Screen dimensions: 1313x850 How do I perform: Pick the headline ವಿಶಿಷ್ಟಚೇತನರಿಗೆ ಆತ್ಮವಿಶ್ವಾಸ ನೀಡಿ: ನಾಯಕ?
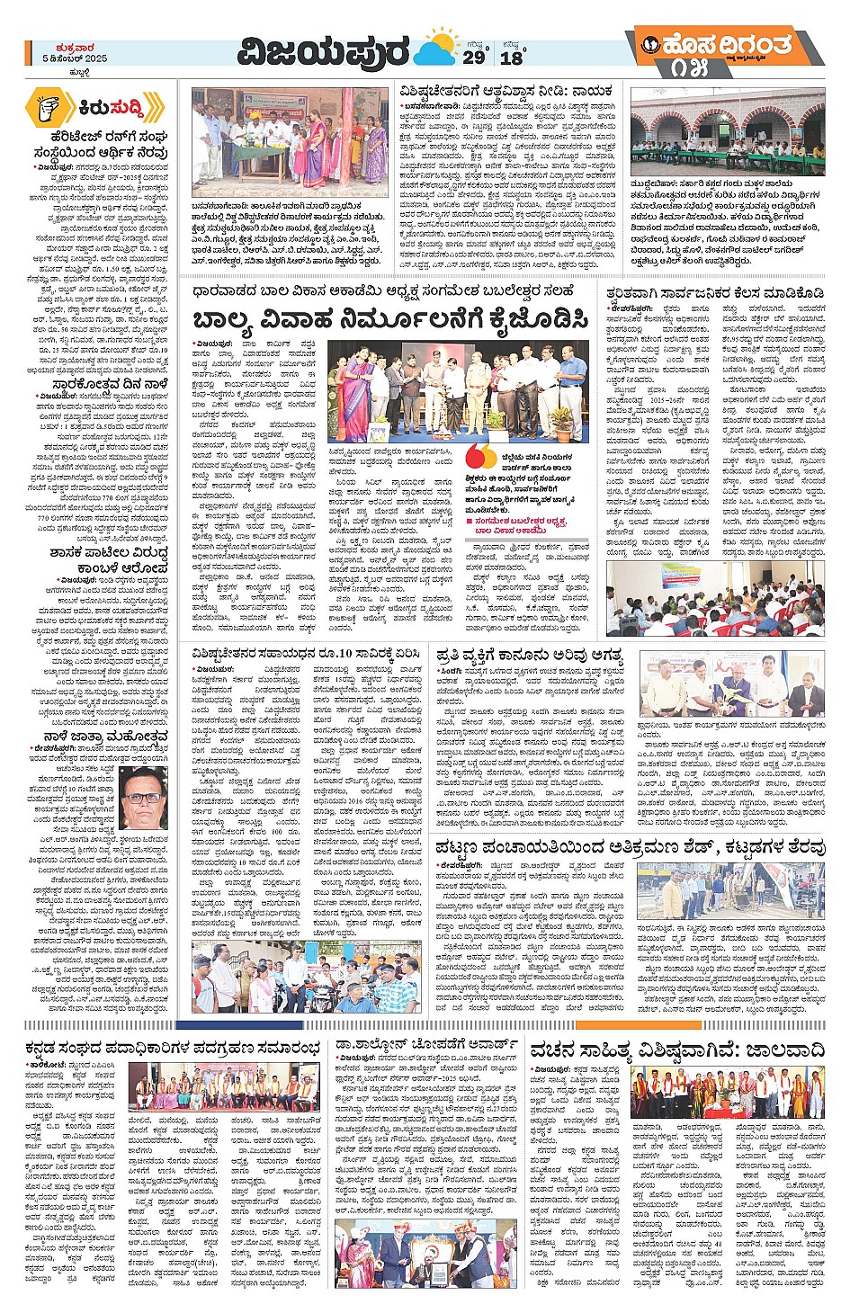pyautogui.click(x=506, y=91)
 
